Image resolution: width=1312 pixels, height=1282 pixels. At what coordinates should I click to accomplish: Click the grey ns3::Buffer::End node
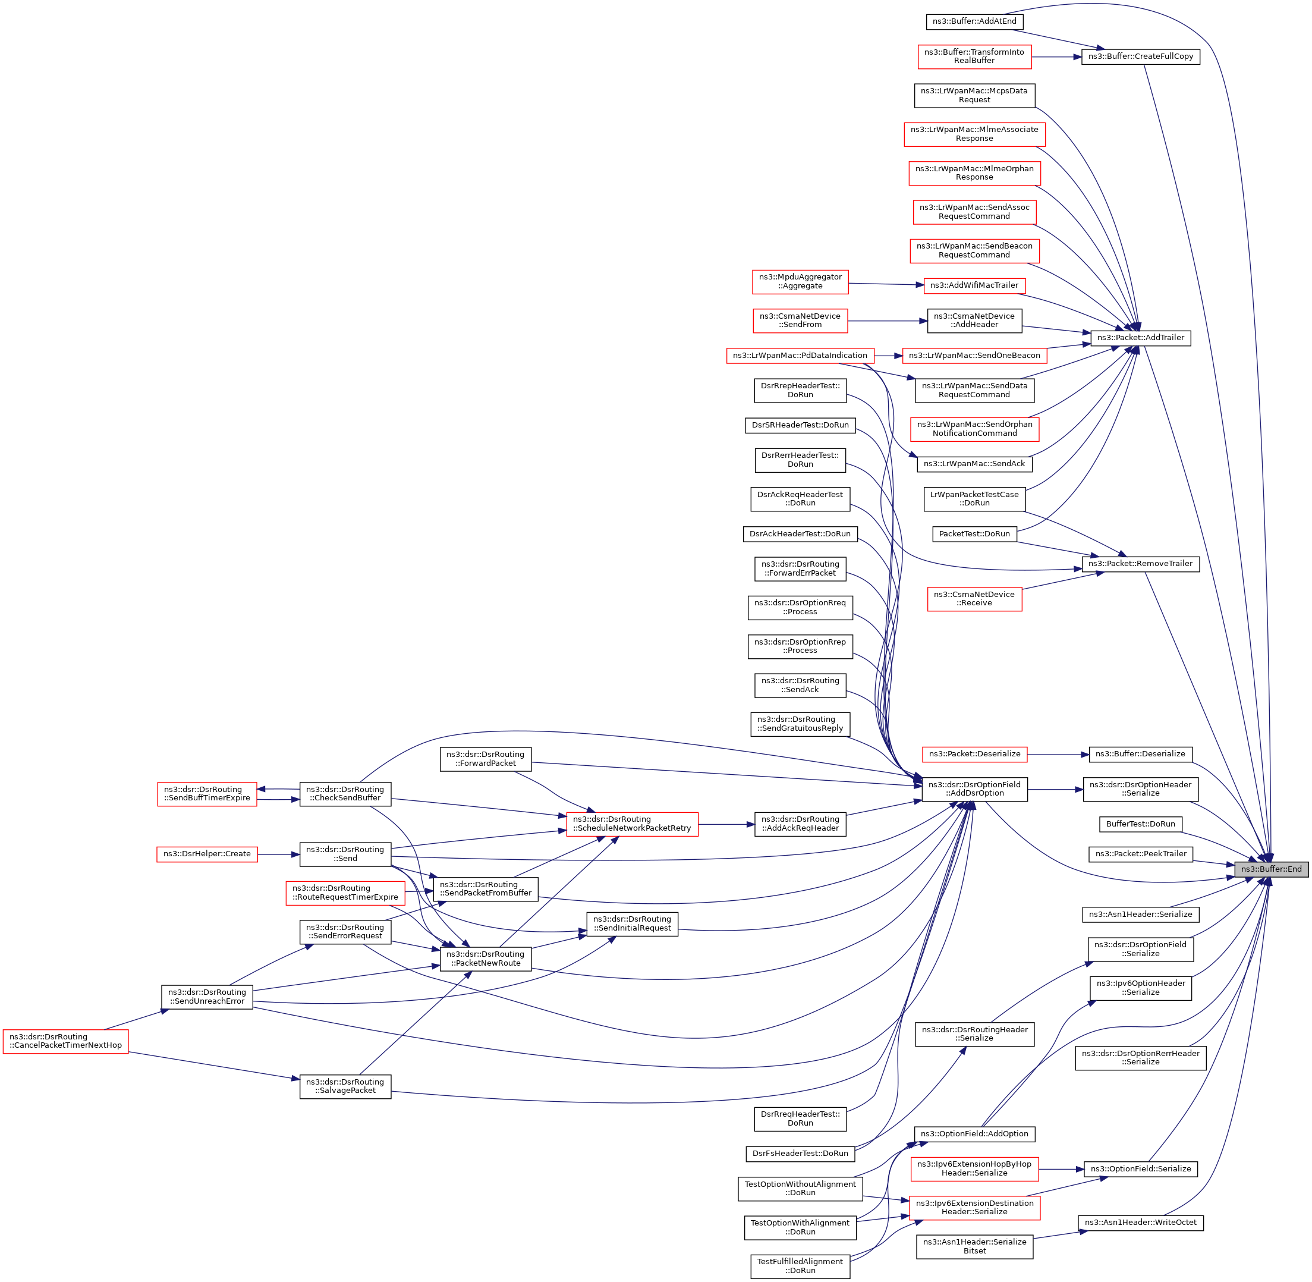(1272, 869)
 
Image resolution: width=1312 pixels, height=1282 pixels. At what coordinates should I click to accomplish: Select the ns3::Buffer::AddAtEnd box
(974, 21)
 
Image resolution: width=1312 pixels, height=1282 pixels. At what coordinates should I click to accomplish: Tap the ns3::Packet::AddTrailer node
(1140, 337)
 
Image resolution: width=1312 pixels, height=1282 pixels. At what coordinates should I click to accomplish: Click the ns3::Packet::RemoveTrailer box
(1140, 564)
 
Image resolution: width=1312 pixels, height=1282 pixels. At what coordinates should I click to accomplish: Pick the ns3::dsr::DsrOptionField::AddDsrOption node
(974, 788)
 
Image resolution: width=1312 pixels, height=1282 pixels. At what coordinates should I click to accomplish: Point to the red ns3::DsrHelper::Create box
(207, 854)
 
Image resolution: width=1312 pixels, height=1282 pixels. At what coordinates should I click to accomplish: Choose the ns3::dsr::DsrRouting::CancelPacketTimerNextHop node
(65, 1041)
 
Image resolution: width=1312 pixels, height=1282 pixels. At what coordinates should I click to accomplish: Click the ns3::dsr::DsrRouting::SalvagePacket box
(345, 1086)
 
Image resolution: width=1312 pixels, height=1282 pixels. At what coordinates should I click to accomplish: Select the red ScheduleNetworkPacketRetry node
(632, 824)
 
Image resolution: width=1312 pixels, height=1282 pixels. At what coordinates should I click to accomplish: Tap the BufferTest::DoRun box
(1140, 824)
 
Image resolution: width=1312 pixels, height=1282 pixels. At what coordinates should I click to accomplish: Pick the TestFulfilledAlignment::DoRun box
(800, 1266)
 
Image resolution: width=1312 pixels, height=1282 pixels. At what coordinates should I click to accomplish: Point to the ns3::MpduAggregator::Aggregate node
(800, 281)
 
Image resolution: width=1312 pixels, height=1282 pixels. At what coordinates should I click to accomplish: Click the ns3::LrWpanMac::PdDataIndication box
(800, 356)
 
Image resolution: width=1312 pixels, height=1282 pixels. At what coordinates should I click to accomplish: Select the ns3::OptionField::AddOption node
(974, 1134)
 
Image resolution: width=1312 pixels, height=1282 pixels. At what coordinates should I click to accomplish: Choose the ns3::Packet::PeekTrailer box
(1140, 854)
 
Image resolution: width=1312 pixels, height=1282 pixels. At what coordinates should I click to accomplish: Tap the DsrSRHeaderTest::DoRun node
(800, 425)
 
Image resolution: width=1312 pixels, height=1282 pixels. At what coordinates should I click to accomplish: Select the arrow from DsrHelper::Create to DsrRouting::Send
(278, 854)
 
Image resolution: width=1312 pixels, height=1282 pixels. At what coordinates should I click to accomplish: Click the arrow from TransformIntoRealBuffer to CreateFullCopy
(1056, 57)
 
